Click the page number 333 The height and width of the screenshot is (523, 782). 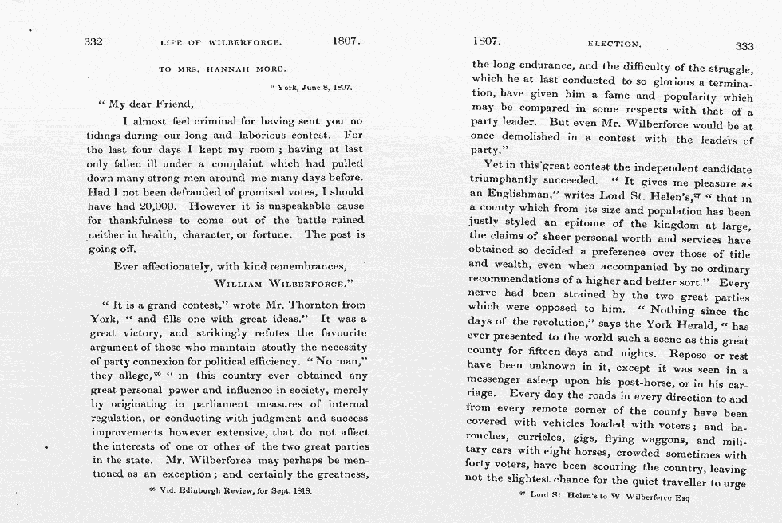pyautogui.click(x=744, y=45)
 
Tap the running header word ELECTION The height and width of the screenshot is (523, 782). pyautogui.click(x=614, y=44)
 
